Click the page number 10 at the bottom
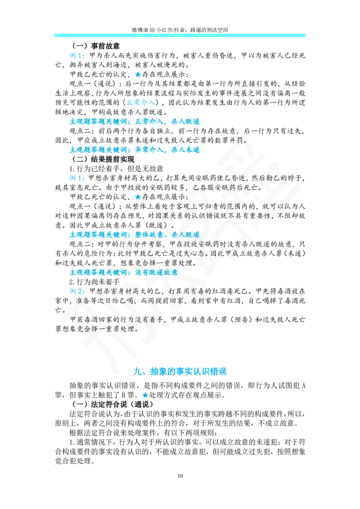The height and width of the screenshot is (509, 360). pos(180,476)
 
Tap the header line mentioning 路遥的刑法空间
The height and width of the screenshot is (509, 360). pos(180,30)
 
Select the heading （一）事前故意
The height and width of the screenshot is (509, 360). pos(95,46)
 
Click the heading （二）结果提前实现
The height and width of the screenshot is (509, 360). pos(103,159)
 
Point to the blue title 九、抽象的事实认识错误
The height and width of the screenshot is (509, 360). pos(180,371)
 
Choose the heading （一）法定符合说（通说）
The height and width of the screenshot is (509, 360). pos(112,405)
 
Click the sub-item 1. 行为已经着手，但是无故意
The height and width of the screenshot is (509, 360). pos(116,169)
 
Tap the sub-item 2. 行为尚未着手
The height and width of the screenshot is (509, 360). pos(94,282)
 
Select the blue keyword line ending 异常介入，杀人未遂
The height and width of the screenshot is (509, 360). pos(135,150)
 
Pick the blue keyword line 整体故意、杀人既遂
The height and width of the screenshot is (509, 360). pos(135,234)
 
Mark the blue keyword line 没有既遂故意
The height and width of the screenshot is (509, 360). pos(123,272)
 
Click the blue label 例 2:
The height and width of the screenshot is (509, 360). pos(77,291)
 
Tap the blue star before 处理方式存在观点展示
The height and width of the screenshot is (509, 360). pos(145,395)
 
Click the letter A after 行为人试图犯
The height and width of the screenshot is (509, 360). pos(303,386)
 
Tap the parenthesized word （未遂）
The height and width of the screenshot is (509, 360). pos(294,253)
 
